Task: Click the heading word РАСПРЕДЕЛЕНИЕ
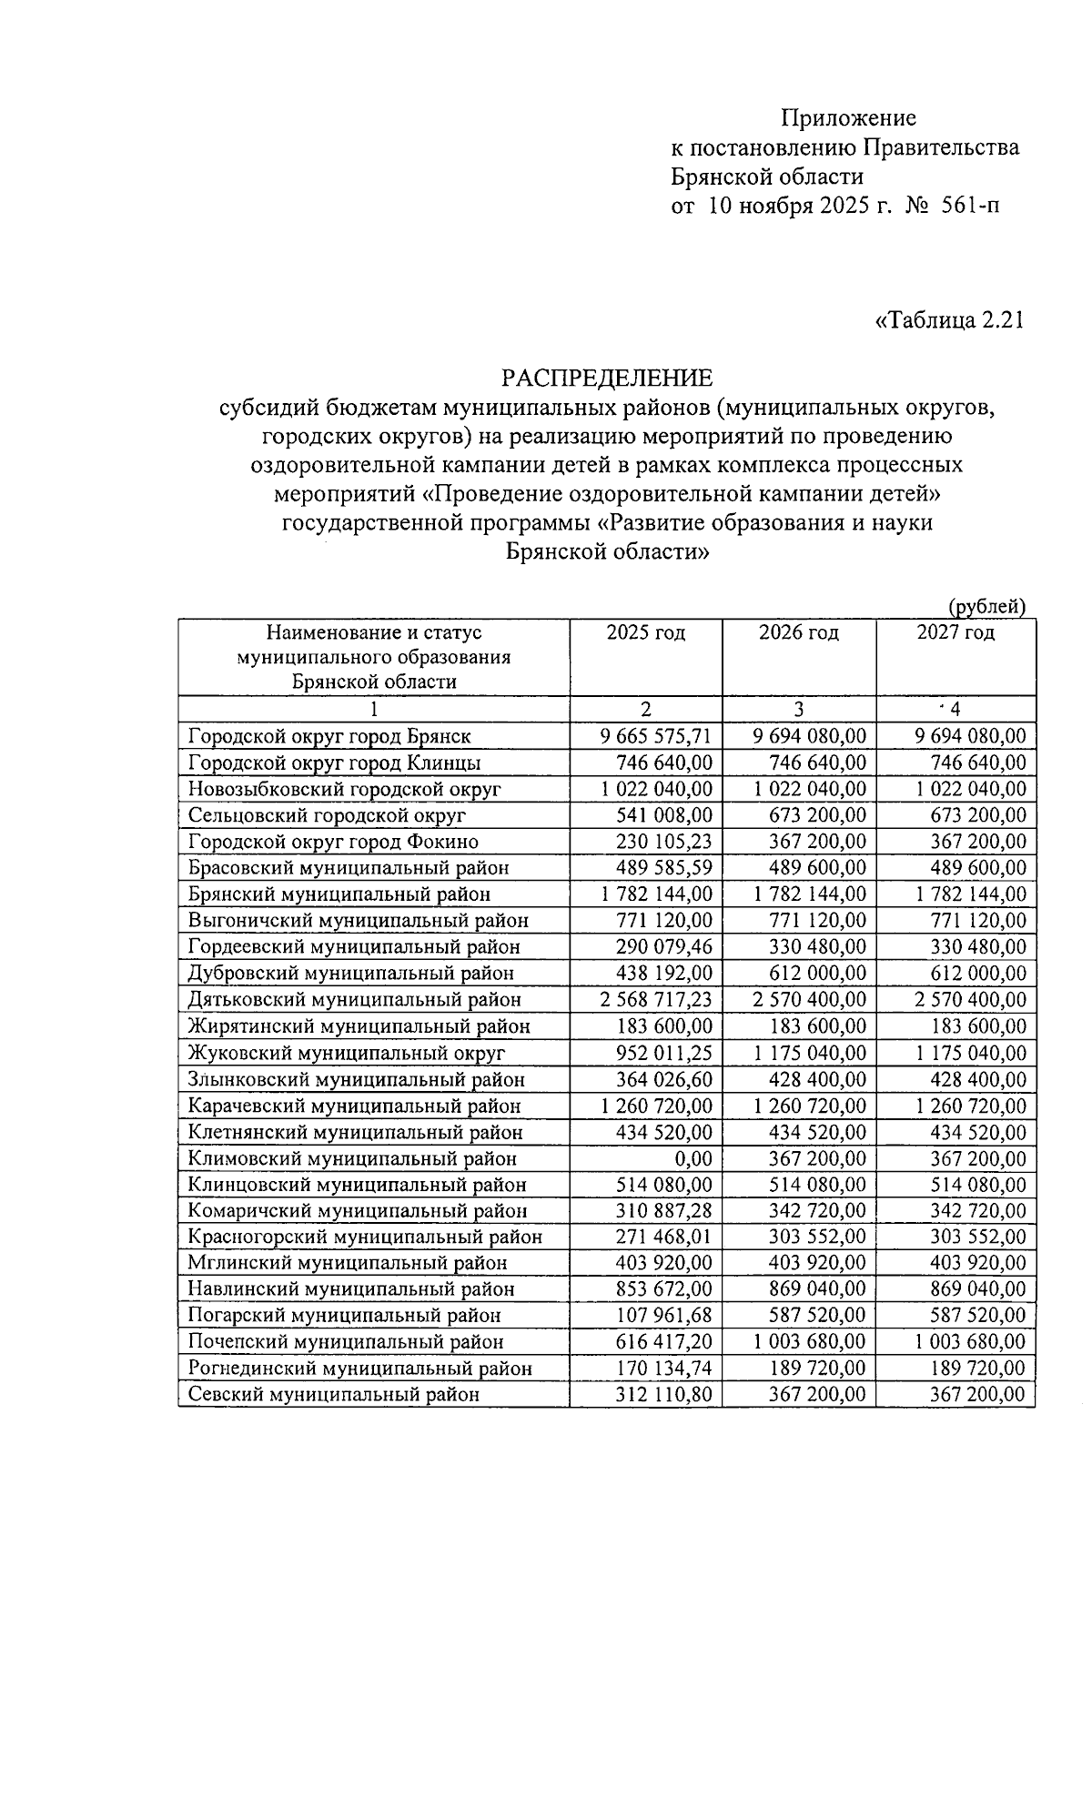point(609,377)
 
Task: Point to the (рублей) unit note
point(986,606)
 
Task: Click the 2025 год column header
point(645,632)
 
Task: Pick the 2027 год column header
point(955,632)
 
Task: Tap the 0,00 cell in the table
point(693,1158)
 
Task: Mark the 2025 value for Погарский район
point(662,1316)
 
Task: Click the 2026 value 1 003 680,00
point(810,1342)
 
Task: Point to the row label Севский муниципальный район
point(333,1395)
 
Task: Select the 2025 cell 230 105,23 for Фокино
point(662,842)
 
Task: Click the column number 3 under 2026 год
point(799,710)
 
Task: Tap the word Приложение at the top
point(848,118)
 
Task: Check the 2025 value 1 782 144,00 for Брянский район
point(656,894)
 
